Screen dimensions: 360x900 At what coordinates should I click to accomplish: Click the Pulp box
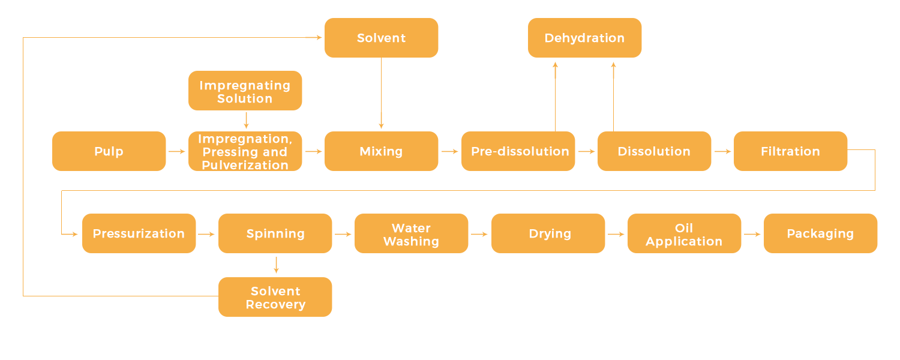pyautogui.click(x=109, y=151)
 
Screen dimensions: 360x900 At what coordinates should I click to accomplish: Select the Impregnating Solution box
pyautogui.click(x=245, y=91)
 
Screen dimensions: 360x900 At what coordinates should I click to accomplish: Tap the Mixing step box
pyautogui.click(x=381, y=151)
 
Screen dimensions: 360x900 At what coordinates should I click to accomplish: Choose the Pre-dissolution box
pyautogui.click(x=518, y=151)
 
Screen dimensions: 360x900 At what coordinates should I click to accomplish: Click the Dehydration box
pyautogui.click(x=584, y=38)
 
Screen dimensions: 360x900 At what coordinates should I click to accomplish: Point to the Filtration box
pyautogui.click(x=790, y=151)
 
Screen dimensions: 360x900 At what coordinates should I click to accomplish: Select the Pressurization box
pyautogui.click(x=139, y=233)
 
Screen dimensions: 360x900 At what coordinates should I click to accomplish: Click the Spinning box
pyautogui.click(x=275, y=233)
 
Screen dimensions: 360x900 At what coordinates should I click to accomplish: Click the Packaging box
pyautogui.click(x=820, y=233)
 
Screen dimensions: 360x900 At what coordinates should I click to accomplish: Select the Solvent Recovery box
pyautogui.click(x=275, y=297)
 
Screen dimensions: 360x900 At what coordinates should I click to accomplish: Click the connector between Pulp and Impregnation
pyautogui.click(x=177, y=151)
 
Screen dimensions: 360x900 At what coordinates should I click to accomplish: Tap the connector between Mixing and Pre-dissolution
pyautogui.click(x=450, y=151)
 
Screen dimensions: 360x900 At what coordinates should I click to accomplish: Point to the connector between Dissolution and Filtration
pyautogui.click(x=722, y=151)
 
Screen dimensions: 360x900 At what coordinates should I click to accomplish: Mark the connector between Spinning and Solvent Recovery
pyautogui.click(x=276, y=265)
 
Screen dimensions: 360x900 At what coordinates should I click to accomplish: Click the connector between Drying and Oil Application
pyautogui.click(x=616, y=233)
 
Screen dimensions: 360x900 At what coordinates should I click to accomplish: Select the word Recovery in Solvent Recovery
pyautogui.click(x=275, y=304)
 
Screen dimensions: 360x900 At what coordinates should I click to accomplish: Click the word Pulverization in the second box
pyautogui.click(x=245, y=165)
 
